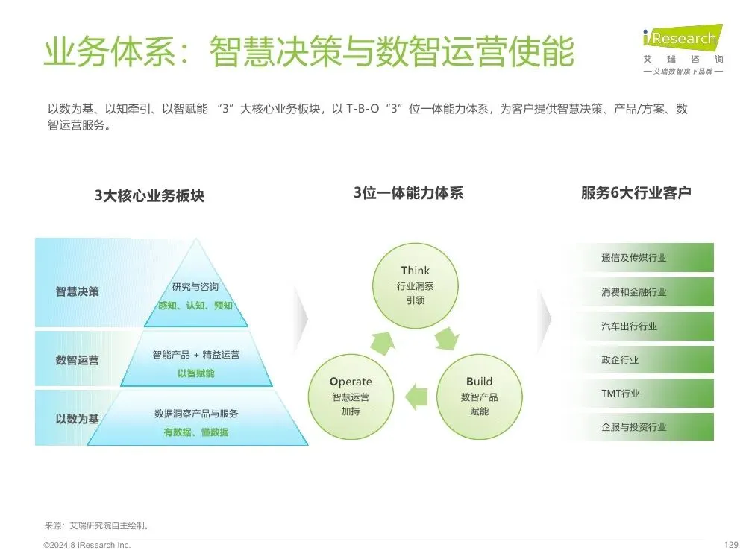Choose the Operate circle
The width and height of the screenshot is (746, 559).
(351, 396)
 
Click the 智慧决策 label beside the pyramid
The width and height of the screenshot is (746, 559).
(77, 291)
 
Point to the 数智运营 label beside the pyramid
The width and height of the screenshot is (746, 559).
(77, 360)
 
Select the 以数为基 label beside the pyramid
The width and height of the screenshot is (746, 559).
(77, 419)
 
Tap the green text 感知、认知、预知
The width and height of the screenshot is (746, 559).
(195, 306)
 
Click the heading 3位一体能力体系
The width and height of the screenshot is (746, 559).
(408, 193)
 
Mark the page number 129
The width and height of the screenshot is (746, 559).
(731, 545)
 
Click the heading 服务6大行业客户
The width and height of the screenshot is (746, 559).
(636, 193)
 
